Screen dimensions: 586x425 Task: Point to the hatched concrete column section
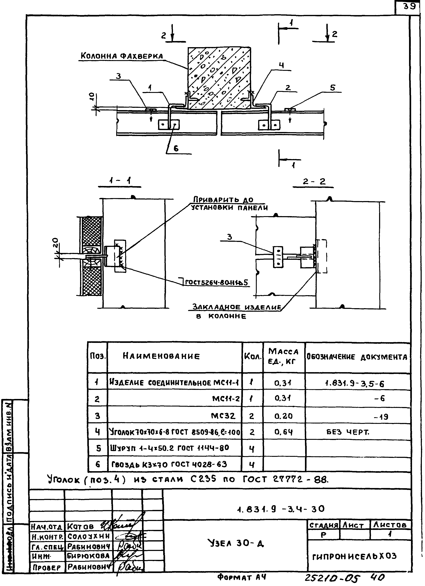coord(219,77)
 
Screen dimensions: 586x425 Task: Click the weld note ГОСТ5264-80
coord(216,282)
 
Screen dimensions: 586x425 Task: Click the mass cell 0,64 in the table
coord(283,432)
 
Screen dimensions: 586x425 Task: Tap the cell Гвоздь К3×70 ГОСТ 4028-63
coord(169,464)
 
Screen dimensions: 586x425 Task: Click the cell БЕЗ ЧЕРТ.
coord(348,432)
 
